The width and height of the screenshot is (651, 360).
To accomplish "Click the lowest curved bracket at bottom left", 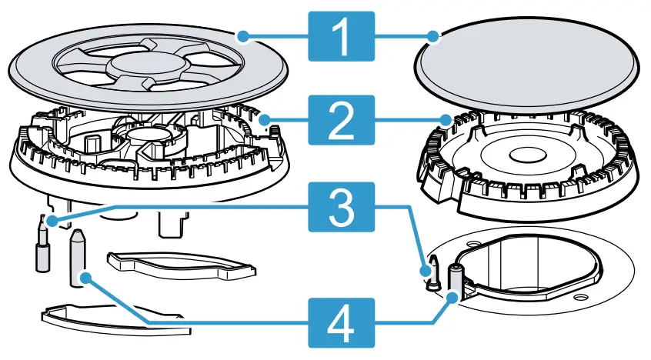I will [x=115, y=318].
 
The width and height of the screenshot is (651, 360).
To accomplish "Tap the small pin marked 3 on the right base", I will [x=432, y=273].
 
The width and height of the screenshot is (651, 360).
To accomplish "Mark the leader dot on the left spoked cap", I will [x=243, y=35].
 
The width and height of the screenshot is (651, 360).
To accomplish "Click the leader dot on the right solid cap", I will [x=434, y=35].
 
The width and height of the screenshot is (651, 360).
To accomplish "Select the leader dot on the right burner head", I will [x=446, y=119].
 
